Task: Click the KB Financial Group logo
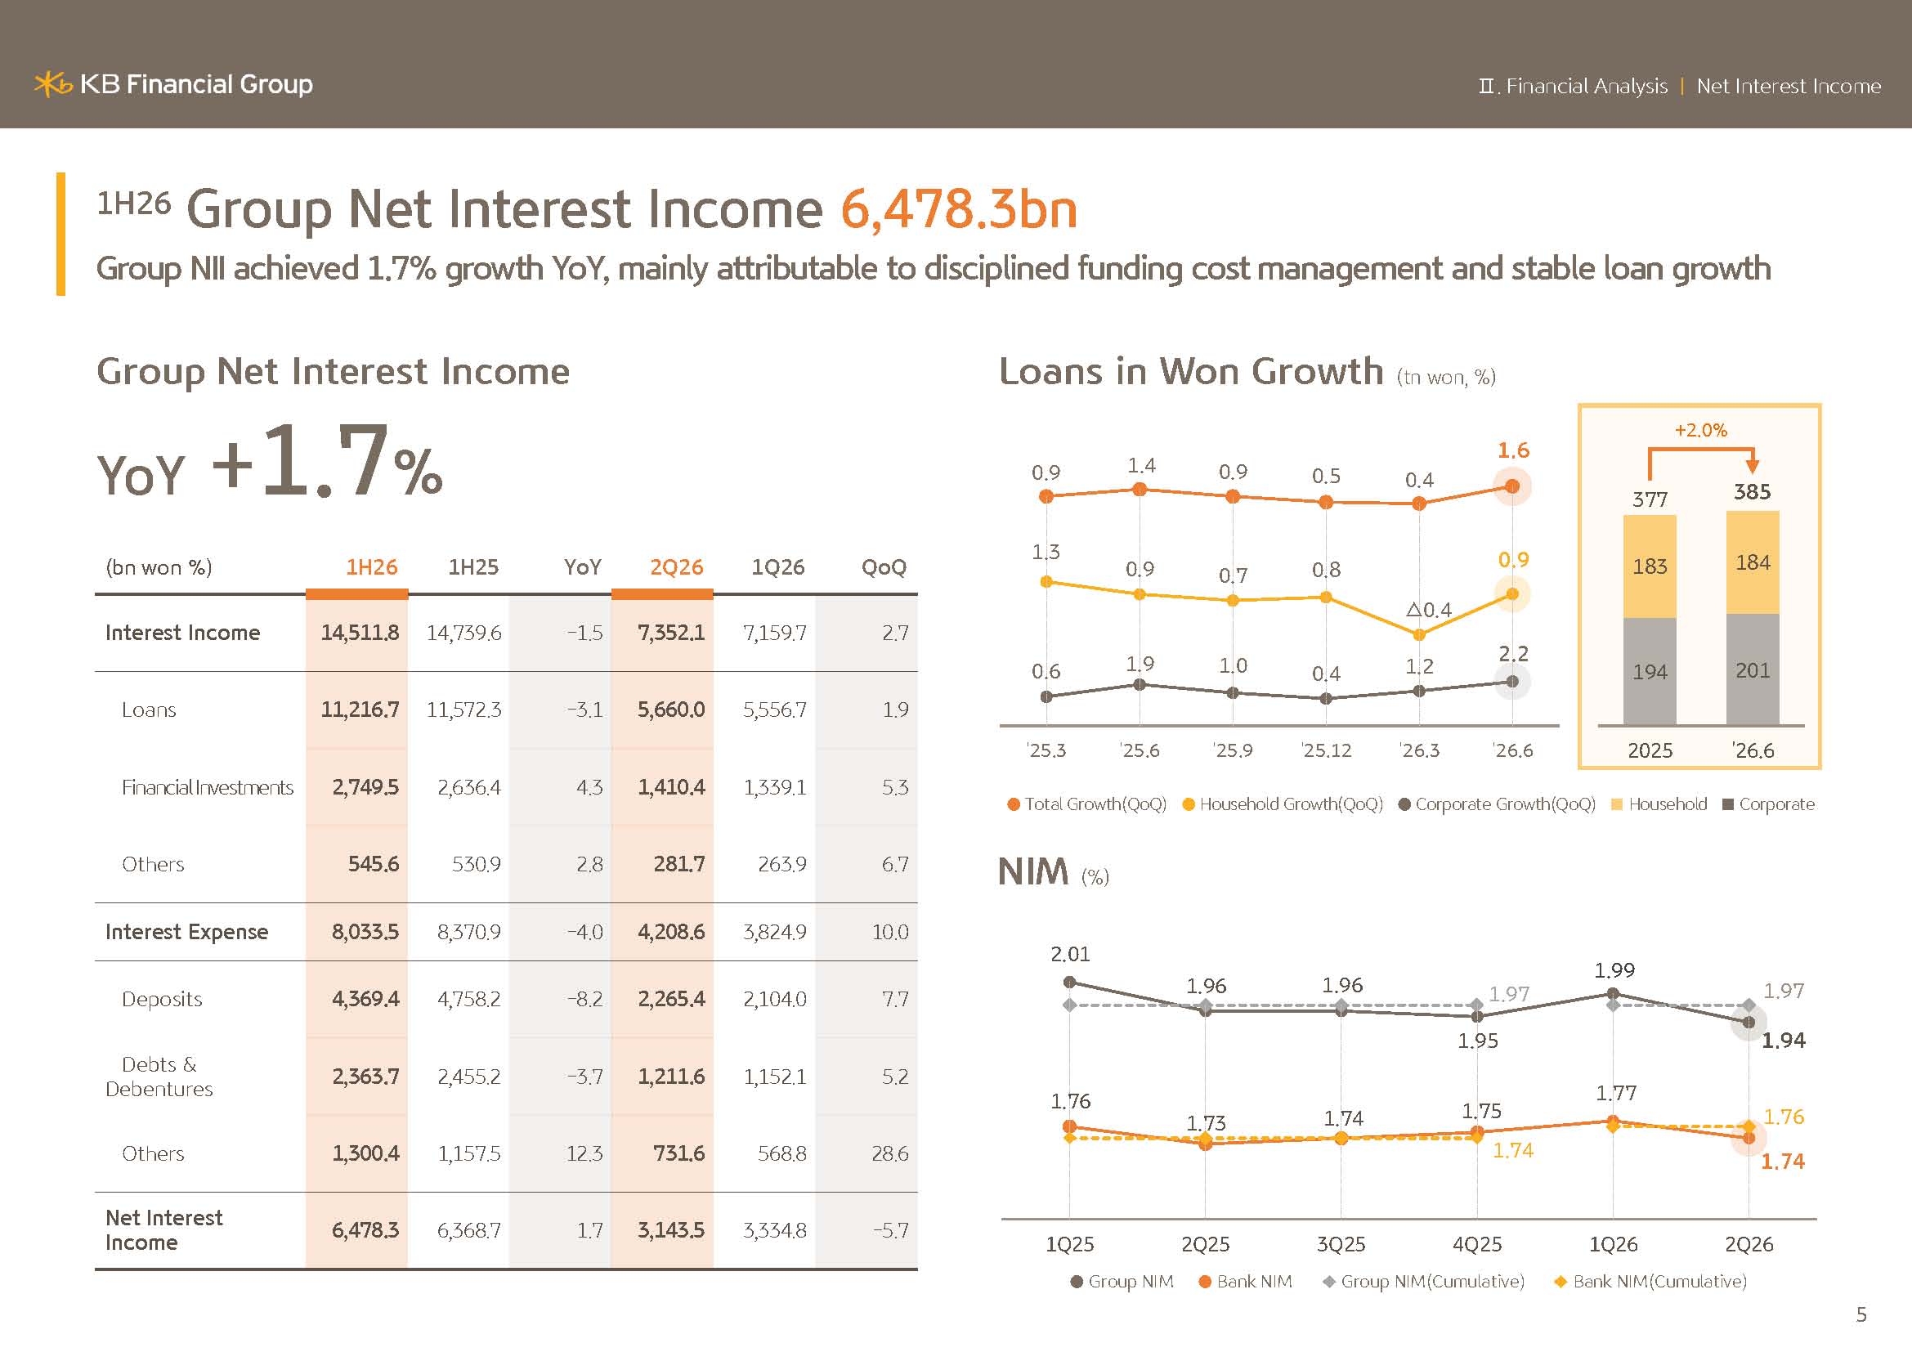(x=173, y=84)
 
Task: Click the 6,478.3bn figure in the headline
(x=959, y=209)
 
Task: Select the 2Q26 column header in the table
(x=676, y=567)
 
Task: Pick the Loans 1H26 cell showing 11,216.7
(x=360, y=710)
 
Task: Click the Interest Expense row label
(x=186, y=932)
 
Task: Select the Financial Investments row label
(x=208, y=786)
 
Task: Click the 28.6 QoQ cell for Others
(x=890, y=1153)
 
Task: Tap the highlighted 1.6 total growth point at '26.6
(x=1512, y=486)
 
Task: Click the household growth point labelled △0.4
(x=1419, y=634)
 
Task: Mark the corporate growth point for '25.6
(x=1140, y=684)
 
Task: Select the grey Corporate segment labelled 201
(x=1752, y=669)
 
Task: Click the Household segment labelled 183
(x=1650, y=566)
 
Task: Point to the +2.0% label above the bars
(x=1700, y=431)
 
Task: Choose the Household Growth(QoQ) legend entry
(x=1283, y=804)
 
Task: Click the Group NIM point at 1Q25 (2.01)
(x=1070, y=982)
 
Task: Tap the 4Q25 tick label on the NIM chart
(x=1477, y=1244)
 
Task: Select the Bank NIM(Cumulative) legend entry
(x=1650, y=1281)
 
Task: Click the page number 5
(x=1861, y=1314)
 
